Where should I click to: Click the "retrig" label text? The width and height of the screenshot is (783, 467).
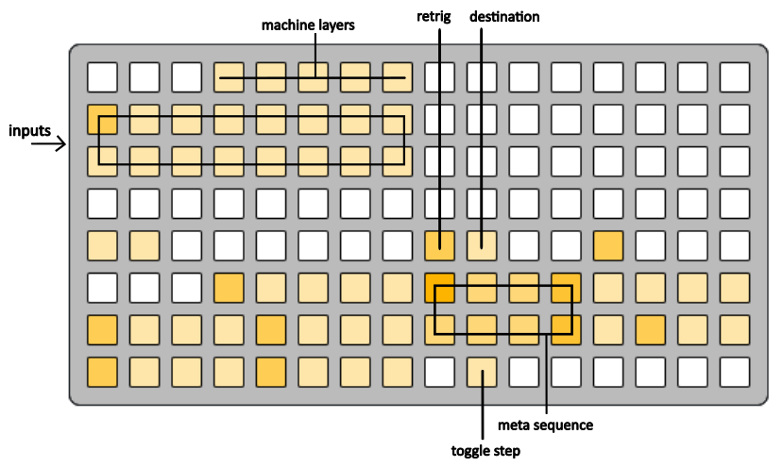[x=434, y=17]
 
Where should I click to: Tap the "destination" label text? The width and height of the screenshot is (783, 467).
[x=504, y=17]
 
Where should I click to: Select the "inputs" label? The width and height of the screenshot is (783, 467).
[x=29, y=131]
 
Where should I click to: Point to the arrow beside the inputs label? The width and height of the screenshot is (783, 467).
[x=48, y=144]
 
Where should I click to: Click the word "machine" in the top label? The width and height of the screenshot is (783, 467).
[x=284, y=25]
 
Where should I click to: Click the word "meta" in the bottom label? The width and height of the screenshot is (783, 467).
[x=512, y=425]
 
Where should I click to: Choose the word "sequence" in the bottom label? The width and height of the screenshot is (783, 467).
[x=561, y=426]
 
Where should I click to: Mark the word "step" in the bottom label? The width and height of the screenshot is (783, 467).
[x=505, y=452]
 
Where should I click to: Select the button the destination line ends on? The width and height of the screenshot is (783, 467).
[x=482, y=245]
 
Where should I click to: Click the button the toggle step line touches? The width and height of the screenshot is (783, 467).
[x=482, y=373]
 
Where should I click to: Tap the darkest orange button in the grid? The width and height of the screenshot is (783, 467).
[x=440, y=288]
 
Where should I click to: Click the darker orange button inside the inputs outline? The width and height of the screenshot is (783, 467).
[x=102, y=119]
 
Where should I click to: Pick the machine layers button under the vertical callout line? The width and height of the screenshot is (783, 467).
[x=314, y=77]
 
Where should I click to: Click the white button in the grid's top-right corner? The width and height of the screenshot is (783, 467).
[x=735, y=77]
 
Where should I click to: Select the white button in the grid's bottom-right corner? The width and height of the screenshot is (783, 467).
[x=735, y=373]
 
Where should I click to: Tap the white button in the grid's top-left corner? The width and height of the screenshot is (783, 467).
[x=102, y=77]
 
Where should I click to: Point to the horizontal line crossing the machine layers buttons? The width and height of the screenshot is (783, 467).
[x=313, y=77]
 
